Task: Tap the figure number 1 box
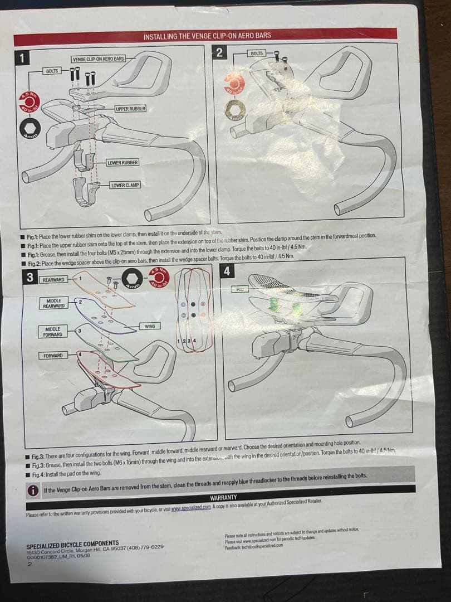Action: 21,57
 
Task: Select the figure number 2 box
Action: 219,52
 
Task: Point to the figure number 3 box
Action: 28,276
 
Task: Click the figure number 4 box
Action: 227,271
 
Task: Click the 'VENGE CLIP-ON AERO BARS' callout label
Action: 98,59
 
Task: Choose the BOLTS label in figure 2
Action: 257,54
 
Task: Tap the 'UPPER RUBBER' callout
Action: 131,108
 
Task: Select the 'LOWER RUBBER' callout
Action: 122,162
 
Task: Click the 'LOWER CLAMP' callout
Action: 125,185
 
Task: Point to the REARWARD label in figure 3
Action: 53,279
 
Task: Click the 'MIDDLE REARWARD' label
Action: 54,303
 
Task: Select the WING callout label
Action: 150,326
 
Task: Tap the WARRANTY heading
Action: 223,497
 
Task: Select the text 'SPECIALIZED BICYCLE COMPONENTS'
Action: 72,542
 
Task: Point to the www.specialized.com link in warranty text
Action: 190,506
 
